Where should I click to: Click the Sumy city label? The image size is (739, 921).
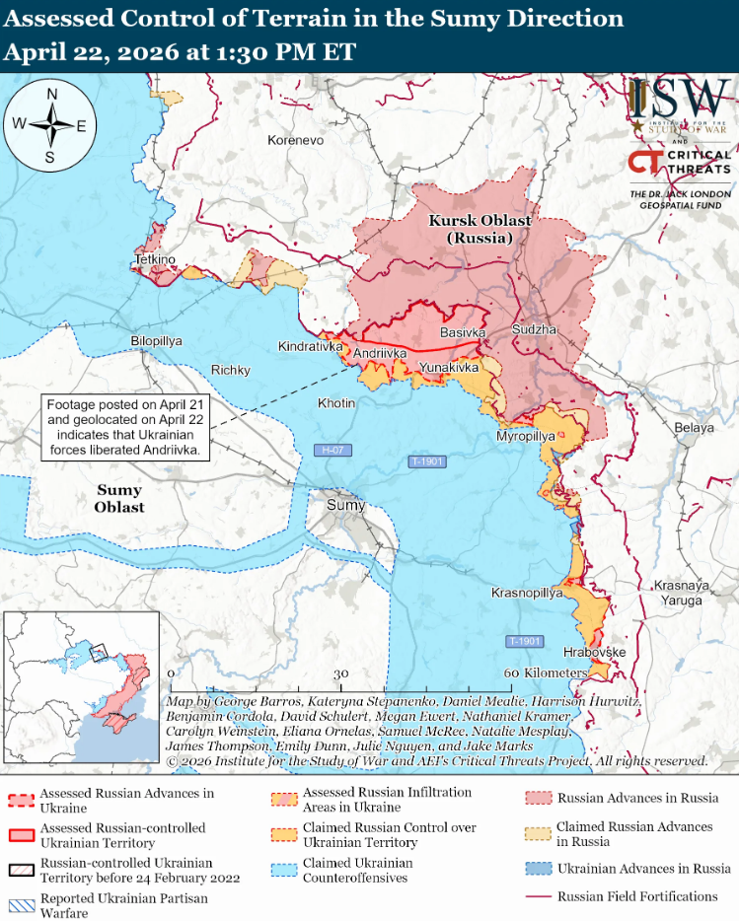pyautogui.click(x=345, y=506)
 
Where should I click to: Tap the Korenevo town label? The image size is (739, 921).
pyautogui.click(x=295, y=141)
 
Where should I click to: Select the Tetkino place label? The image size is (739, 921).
pyautogui.click(x=155, y=259)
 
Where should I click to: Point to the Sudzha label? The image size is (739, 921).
pyautogui.click(x=534, y=329)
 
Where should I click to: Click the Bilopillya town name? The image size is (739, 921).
pyautogui.click(x=156, y=340)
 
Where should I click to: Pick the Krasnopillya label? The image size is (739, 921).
pyautogui.click(x=527, y=593)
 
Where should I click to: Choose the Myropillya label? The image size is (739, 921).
pyautogui.click(x=525, y=436)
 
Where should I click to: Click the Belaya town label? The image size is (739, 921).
pyautogui.click(x=694, y=427)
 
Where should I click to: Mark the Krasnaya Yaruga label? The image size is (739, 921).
pyautogui.click(x=679, y=592)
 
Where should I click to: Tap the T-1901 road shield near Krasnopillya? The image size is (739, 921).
pyautogui.click(x=525, y=641)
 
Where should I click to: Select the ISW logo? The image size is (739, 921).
pyautogui.click(x=681, y=104)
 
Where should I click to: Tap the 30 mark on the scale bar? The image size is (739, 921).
pyautogui.click(x=341, y=673)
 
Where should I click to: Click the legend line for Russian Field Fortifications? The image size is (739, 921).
pyautogui.click(x=537, y=897)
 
